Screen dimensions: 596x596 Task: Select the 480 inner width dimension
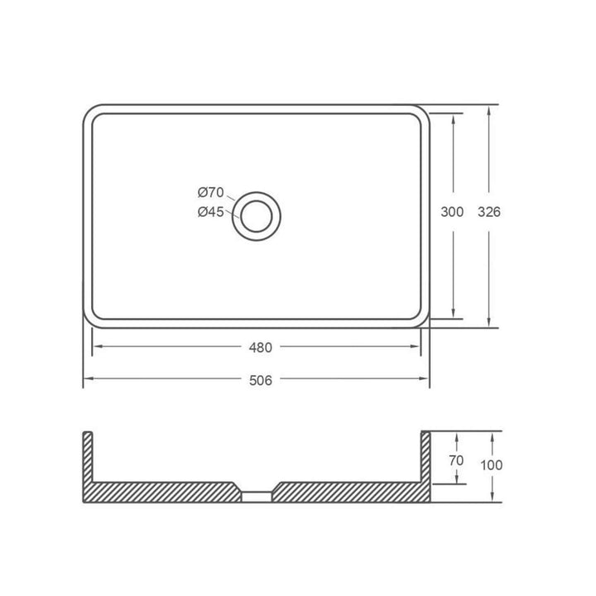point(258,347)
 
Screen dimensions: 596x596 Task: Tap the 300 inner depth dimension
point(452,212)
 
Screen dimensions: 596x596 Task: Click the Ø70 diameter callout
point(211,193)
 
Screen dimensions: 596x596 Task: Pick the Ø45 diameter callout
point(211,212)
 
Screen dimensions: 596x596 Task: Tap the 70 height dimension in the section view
point(455,460)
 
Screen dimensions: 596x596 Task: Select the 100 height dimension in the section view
point(491,465)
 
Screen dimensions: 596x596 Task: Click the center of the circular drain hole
point(256,216)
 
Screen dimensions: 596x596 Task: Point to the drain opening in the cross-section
point(257,496)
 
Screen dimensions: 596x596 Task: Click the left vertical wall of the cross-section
point(88,459)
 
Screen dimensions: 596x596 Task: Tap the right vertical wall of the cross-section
point(426,459)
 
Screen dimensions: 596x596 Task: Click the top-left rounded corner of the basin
point(90,113)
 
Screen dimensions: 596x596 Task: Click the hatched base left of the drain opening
point(166,492)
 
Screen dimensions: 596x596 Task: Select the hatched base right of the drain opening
point(348,492)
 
